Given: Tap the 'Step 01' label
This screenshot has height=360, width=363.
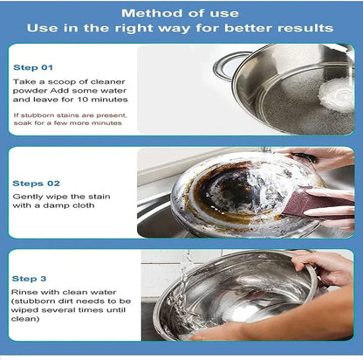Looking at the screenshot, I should click(x=33, y=66).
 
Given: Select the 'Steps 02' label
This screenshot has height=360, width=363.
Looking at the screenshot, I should click(x=36, y=183).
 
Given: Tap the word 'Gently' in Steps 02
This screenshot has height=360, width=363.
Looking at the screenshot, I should click(x=29, y=199).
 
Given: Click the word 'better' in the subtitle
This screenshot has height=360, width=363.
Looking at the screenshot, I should click(x=243, y=28).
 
